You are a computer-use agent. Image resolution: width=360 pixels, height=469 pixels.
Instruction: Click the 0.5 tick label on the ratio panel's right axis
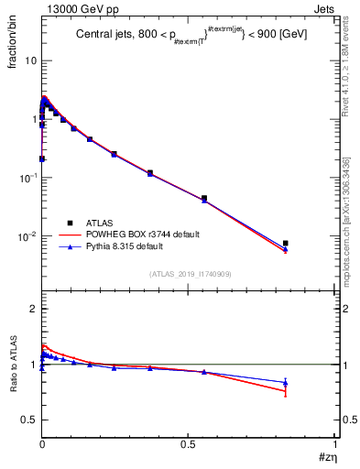tap(346, 420)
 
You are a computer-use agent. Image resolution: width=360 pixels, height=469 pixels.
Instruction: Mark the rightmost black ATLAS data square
tap(286, 243)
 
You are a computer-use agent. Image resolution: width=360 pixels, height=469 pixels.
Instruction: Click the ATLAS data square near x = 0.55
tap(203, 198)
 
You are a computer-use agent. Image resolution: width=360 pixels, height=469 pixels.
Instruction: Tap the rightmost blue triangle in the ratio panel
tap(286, 383)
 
